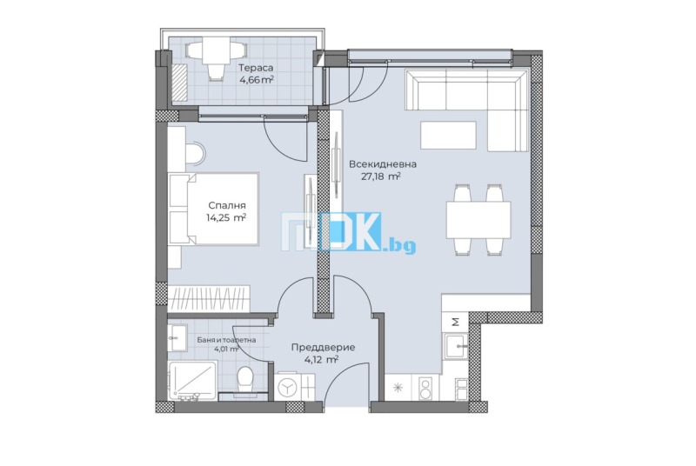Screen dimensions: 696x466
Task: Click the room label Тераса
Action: pyautogui.click(x=256, y=69)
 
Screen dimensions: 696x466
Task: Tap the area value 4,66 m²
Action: pyautogui.click(x=256, y=80)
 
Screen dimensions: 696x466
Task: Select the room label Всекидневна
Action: pyautogui.click(x=383, y=164)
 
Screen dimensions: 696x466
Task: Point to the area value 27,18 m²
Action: pyautogui.click(x=381, y=176)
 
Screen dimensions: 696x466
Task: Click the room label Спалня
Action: pyautogui.click(x=227, y=206)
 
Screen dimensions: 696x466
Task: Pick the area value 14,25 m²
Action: pyautogui.click(x=226, y=217)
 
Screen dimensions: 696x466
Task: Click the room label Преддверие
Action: pyautogui.click(x=323, y=347)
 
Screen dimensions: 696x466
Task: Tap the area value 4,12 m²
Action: pyautogui.click(x=321, y=360)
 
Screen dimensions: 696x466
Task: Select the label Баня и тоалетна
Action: pyautogui.click(x=226, y=340)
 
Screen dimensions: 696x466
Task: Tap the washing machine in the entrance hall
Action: pyautogui.click(x=287, y=388)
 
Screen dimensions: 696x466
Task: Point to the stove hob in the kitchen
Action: pyautogui.click(x=425, y=388)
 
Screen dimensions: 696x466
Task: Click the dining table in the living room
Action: pyautogui.click(x=478, y=219)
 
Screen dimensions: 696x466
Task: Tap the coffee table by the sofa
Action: pyautogui.click(x=448, y=136)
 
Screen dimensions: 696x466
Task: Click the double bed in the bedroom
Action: pyautogui.click(x=213, y=209)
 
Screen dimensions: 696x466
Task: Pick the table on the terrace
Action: pyautogui.click(x=216, y=51)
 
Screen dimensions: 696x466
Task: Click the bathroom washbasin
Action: pyautogui.click(x=177, y=337)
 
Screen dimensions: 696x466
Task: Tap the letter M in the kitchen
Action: pyautogui.click(x=455, y=322)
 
